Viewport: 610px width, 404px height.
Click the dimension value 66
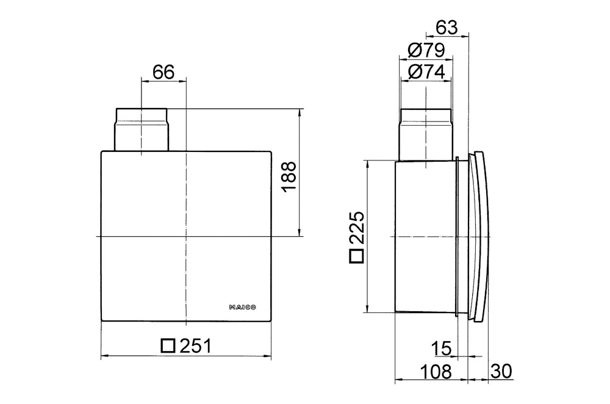(x=163, y=72)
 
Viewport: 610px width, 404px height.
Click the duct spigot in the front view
(x=141, y=129)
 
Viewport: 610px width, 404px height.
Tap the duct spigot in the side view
(x=426, y=134)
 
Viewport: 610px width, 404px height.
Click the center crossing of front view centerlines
(x=185, y=236)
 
